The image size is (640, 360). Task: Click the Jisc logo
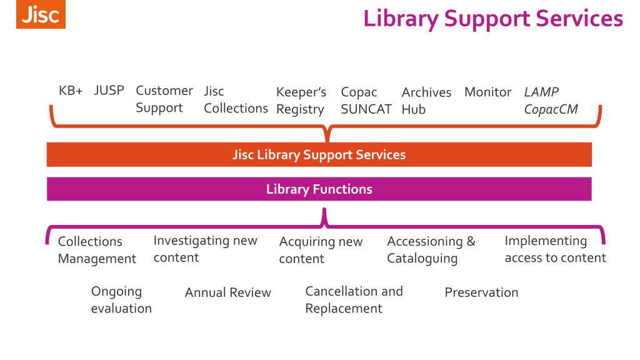tap(41, 15)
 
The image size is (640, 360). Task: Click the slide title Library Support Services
tap(492, 18)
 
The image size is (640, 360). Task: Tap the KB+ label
tap(71, 91)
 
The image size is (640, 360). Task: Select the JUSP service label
tap(109, 91)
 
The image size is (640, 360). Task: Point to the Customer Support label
tap(164, 99)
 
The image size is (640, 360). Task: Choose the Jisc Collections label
tap(235, 100)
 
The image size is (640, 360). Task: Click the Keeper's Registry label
tap(301, 101)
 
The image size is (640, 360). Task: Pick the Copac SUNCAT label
tap(366, 101)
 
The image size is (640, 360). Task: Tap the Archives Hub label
tap(426, 101)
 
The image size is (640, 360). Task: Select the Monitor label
tap(487, 92)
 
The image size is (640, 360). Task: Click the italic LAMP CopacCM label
tap(550, 101)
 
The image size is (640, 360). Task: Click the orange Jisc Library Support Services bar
tap(319, 154)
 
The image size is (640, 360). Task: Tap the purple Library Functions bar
tap(319, 189)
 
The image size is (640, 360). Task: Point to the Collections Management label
tap(97, 250)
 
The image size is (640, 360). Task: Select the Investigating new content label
tap(205, 249)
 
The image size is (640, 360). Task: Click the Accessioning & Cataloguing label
tap(431, 249)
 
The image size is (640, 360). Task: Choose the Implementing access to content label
tap(555, 249)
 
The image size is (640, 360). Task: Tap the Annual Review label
tap(227, 292)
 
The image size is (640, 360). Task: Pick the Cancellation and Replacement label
tap(354, 299)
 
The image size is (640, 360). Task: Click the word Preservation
tap(481, 292)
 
